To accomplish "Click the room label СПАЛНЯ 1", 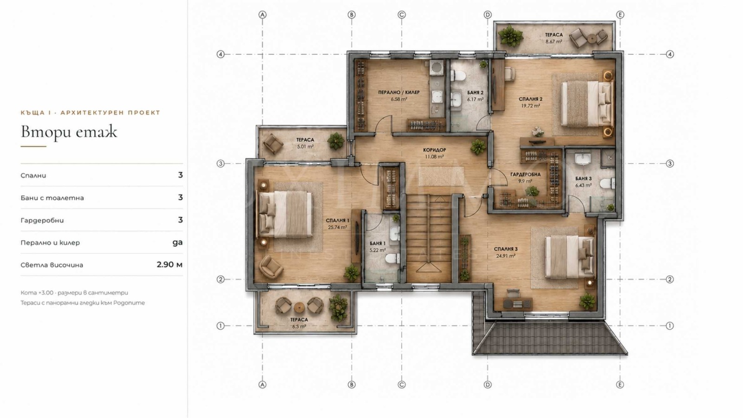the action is click(x=337, y=220).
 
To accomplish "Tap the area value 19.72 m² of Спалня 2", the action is click(x=530, y=106).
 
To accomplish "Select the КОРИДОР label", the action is click(x=435, y=150).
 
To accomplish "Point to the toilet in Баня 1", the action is click(x=393, y=258).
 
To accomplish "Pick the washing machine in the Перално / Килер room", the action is click(x=437, y=67).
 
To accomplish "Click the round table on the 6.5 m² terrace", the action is click(x=299, y=307).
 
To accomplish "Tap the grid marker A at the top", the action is click(x=262, y=14).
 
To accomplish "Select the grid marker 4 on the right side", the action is click(x=670, y=54).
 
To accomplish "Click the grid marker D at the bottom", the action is click(x=487, y=385).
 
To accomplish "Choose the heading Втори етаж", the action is click(x=69, y=132).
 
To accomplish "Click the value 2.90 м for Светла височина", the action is click(x=169, y=264).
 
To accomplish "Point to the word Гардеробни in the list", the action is click(x=42, y=220).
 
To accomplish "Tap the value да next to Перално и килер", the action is click(x=177, y=242).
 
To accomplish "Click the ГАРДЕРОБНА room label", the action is click(x=525, y=175).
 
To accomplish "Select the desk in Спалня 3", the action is click(x=517, y=304).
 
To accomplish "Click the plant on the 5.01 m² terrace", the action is click(x=336, y=141).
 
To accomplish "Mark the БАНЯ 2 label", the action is click(x=476, y=93).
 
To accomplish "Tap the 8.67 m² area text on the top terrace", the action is click(x=554, y=42).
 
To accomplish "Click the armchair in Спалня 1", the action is click(x=271, y=267).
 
